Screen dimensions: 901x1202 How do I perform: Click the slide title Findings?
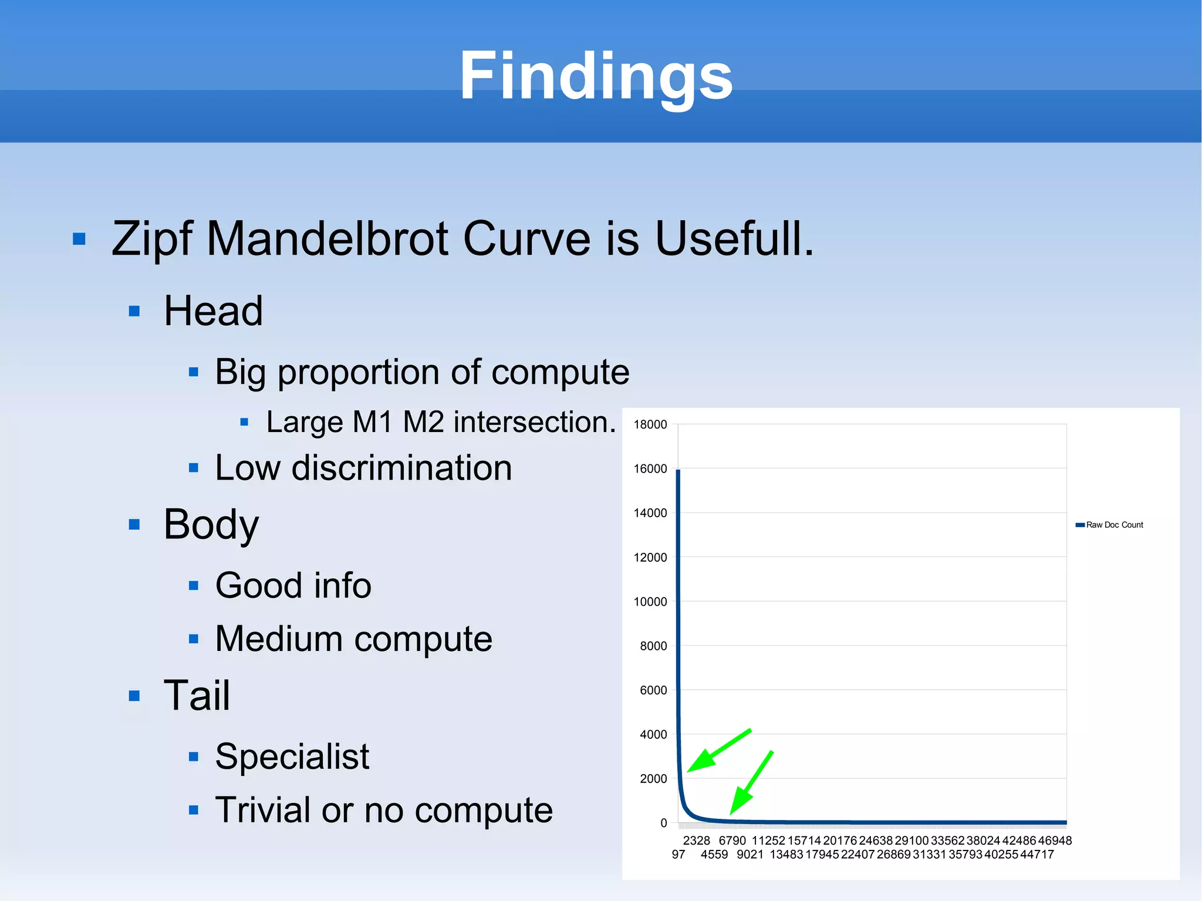click(596, 76)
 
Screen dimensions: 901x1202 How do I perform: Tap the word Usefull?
click(734, 239)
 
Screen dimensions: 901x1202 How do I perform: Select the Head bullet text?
click(213, 311)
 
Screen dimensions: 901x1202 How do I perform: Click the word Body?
click(211, 524)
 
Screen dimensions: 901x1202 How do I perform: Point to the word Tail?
click(197, 696)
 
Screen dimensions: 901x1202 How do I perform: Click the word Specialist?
click(292, 756)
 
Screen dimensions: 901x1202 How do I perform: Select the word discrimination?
click(401, 468)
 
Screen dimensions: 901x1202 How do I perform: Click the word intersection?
click(535, 422)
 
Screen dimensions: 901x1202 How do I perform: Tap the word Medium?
click(278, 639)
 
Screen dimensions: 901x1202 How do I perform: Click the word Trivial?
click(262, 810)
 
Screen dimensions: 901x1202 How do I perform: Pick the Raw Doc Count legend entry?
click(1113, 525)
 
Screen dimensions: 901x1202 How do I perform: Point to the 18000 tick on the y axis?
click(650, 424)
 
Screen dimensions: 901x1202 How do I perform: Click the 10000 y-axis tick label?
click(650, 602)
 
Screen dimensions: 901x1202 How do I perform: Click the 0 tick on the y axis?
click(663, 823)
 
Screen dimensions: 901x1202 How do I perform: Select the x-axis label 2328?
click(696, 841)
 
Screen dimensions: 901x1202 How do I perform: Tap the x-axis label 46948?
click(1055, 841)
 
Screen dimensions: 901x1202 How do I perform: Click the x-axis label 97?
click(678, 855)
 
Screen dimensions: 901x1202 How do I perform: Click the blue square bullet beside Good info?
click(194, 585)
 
